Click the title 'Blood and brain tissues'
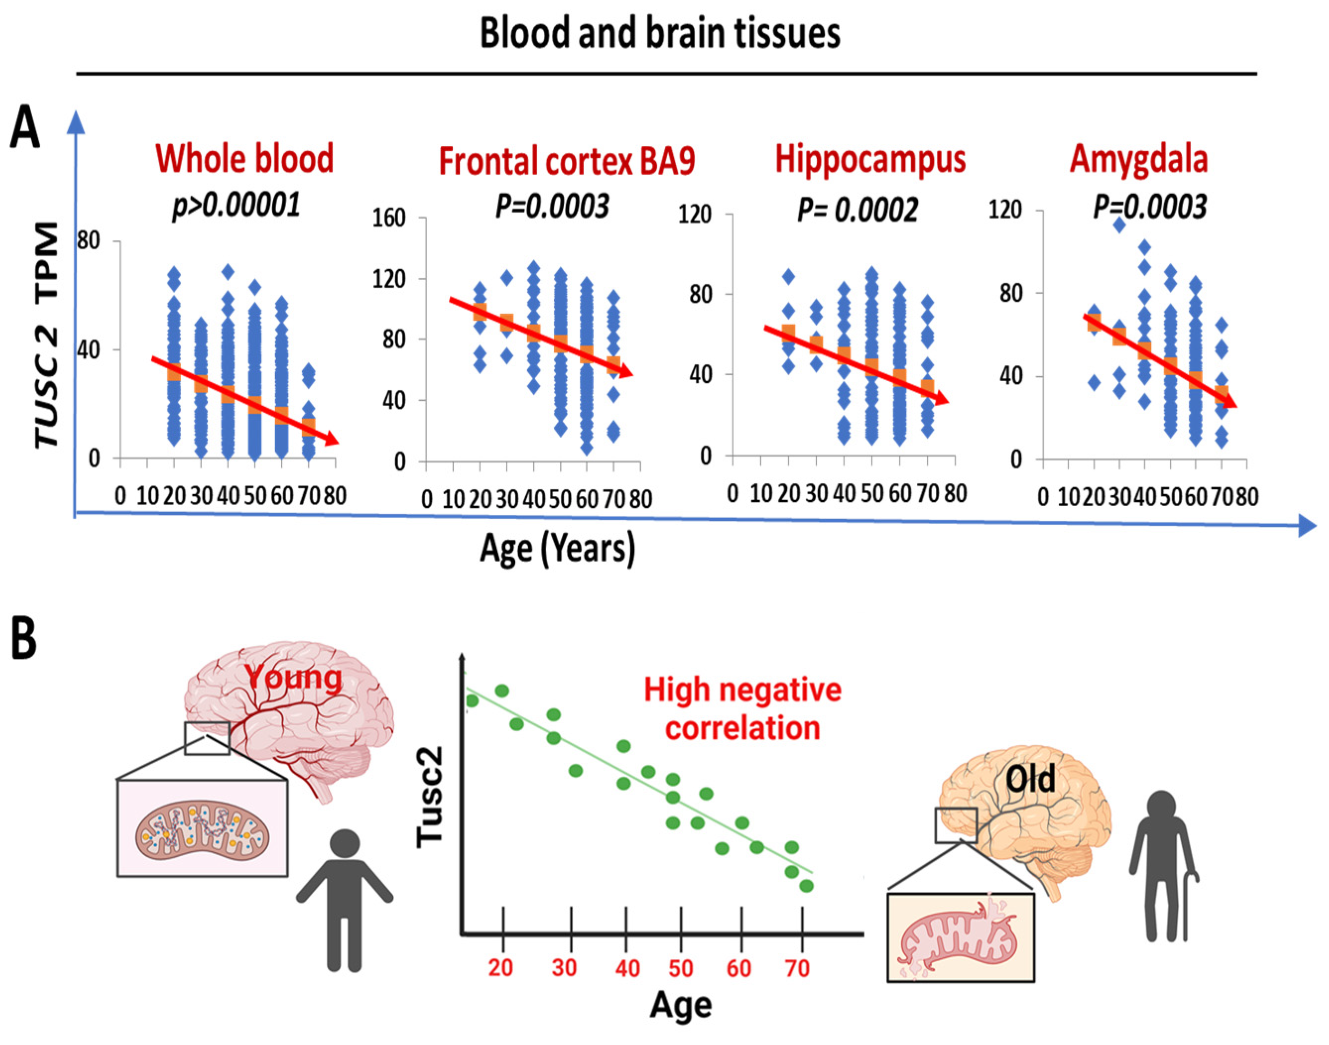(x=660, y=33)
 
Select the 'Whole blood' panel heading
(x=244, y=159)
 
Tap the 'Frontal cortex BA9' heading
(x=567, y=162)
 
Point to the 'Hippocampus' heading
(x=870, y=160)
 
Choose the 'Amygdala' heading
(x=1139, y=160)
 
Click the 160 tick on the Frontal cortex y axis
(x=389, y=218)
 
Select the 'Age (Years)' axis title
(x=557, y=548)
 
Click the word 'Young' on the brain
(x=294, y=678)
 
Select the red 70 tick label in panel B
(x=797, y=969)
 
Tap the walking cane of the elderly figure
(x=1189, y=906)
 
